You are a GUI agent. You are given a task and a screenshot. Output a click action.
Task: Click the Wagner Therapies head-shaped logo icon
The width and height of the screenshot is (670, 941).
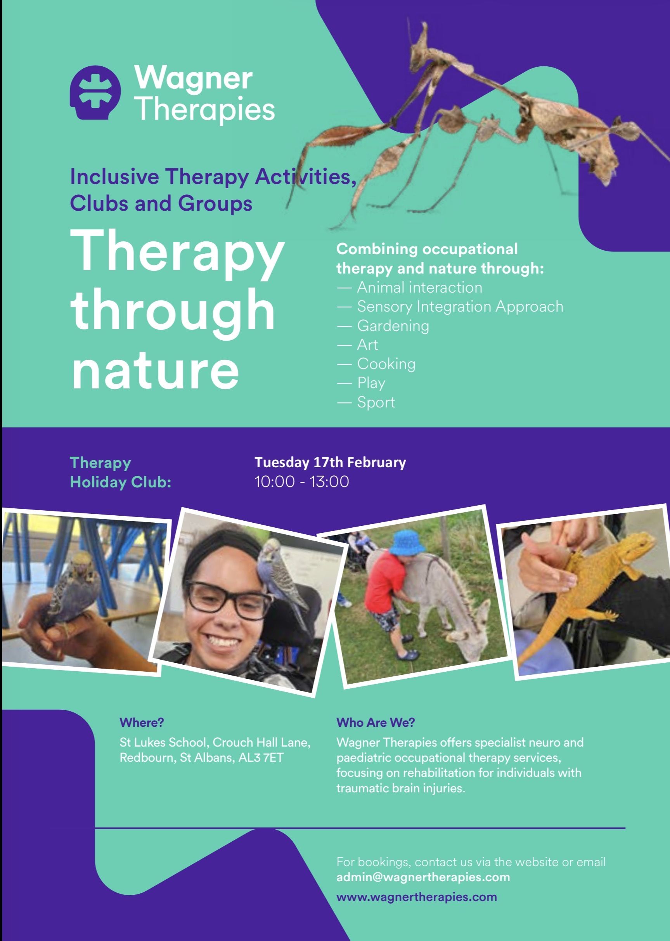pos(95,92)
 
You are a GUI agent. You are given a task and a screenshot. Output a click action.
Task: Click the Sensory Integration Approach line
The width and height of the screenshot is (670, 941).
pos(450,307)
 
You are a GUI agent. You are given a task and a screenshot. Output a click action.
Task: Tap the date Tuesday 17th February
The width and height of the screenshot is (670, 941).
pos(330,462)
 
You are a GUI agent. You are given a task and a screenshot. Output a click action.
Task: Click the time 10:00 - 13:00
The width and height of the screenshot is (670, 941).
pos(301,482)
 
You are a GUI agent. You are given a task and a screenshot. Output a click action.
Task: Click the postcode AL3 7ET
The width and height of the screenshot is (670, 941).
pos(261,757)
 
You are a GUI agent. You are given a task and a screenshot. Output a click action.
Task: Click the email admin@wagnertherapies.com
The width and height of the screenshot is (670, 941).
pos(423,877)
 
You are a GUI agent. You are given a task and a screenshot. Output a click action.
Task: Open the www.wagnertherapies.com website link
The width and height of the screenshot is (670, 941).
pos(417,896)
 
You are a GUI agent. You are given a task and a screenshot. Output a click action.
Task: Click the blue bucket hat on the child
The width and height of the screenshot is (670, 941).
pos(408,542)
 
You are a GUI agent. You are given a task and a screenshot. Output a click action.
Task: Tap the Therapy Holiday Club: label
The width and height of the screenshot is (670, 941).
pos(121,472)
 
